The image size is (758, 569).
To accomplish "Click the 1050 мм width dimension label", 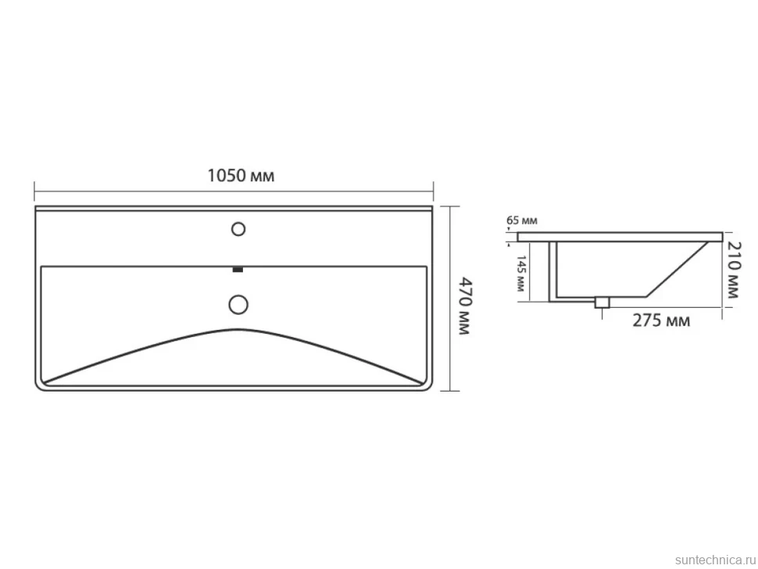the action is point(241,176).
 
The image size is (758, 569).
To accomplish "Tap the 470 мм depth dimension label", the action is point(463,306).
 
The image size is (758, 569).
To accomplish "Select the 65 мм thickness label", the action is point(521,221).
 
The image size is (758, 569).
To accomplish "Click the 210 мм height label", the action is point(733,270).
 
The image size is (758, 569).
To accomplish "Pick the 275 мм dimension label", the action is point(661,320).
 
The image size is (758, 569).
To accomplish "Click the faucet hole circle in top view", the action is point(238,229).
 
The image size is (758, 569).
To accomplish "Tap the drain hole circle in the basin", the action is point(238,305).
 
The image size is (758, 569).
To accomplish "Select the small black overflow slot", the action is point(238,270).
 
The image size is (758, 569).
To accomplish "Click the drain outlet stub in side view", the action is point(602,302).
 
